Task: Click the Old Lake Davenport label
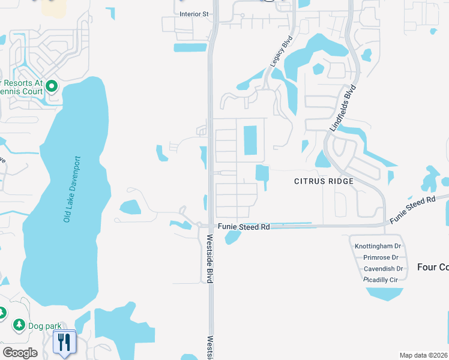click(x=71, y=190)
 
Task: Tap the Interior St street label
click(x=193, y=13)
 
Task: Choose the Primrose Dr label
click(x=381, y=257)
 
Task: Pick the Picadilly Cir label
click(x=381, y=280)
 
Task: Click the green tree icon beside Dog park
click(x=19, y=325)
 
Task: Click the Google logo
click(x=20, y=353)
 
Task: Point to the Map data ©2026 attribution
click(x=423, y=355)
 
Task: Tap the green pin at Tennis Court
click(x=51, y=87)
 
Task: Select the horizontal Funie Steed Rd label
click(x=243, y=227)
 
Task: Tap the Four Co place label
click(x=432, y=267)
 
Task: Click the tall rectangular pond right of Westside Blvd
click(x=250, y=140)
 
